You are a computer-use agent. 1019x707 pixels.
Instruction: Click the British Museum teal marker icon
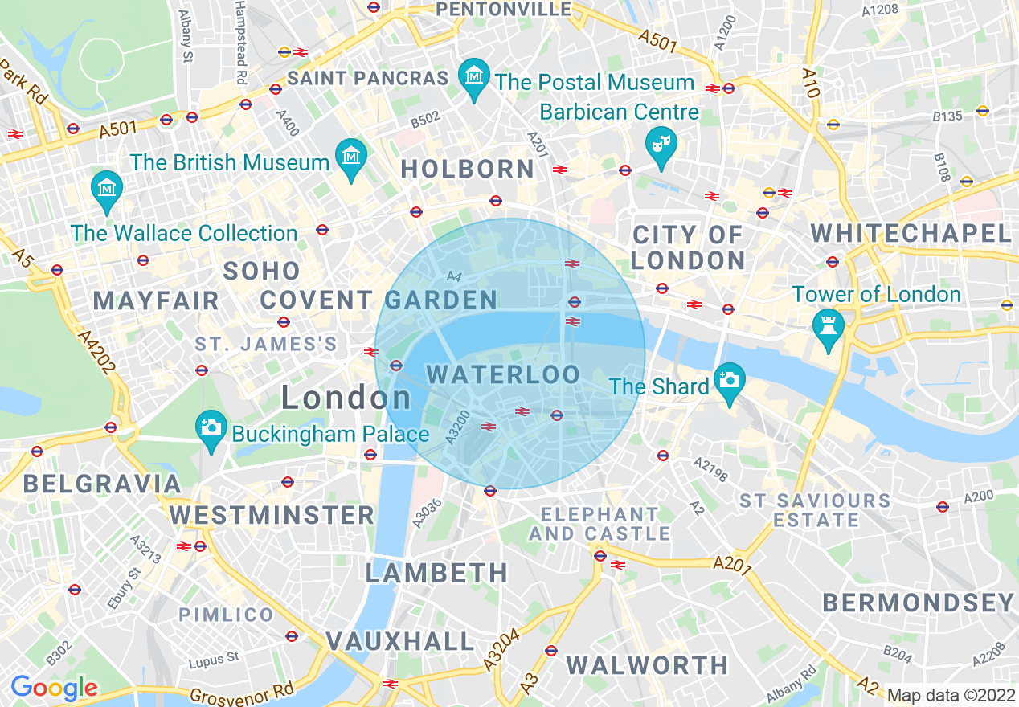click(x=351, y=154)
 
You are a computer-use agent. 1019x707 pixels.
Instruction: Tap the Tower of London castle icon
click(x=827, y=325)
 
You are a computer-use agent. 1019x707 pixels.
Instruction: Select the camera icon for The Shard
click(x=730, y=379)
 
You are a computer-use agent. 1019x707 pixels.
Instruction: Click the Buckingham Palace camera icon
click(x=211, y=426)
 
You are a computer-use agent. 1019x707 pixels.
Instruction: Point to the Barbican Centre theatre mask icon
click(x=661, y=145)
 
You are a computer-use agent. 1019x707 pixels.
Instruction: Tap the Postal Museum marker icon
click(x=474, y=76)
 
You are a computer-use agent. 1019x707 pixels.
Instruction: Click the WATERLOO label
click(x=503, y=374)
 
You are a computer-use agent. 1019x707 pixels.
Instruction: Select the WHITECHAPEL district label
click(x=910, y=234)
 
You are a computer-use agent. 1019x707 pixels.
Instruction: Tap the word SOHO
click(x=262, y=271)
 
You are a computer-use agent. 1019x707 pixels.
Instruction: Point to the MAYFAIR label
click(x=156, y=301)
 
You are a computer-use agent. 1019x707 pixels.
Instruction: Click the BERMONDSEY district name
click(x=918, y=603)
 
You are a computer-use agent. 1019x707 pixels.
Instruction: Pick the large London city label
click(x=346, y=398)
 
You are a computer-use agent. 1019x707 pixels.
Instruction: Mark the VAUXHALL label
click(x=400, y=641)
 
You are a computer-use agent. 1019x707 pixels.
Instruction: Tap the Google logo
click(x=54, y=689)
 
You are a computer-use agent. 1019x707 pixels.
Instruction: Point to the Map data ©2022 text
click(x=951, y=695)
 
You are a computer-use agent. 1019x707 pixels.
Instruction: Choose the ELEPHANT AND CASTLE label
click(x=600, y=524)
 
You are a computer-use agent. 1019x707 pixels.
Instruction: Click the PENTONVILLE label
click(x=503, y=10)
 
